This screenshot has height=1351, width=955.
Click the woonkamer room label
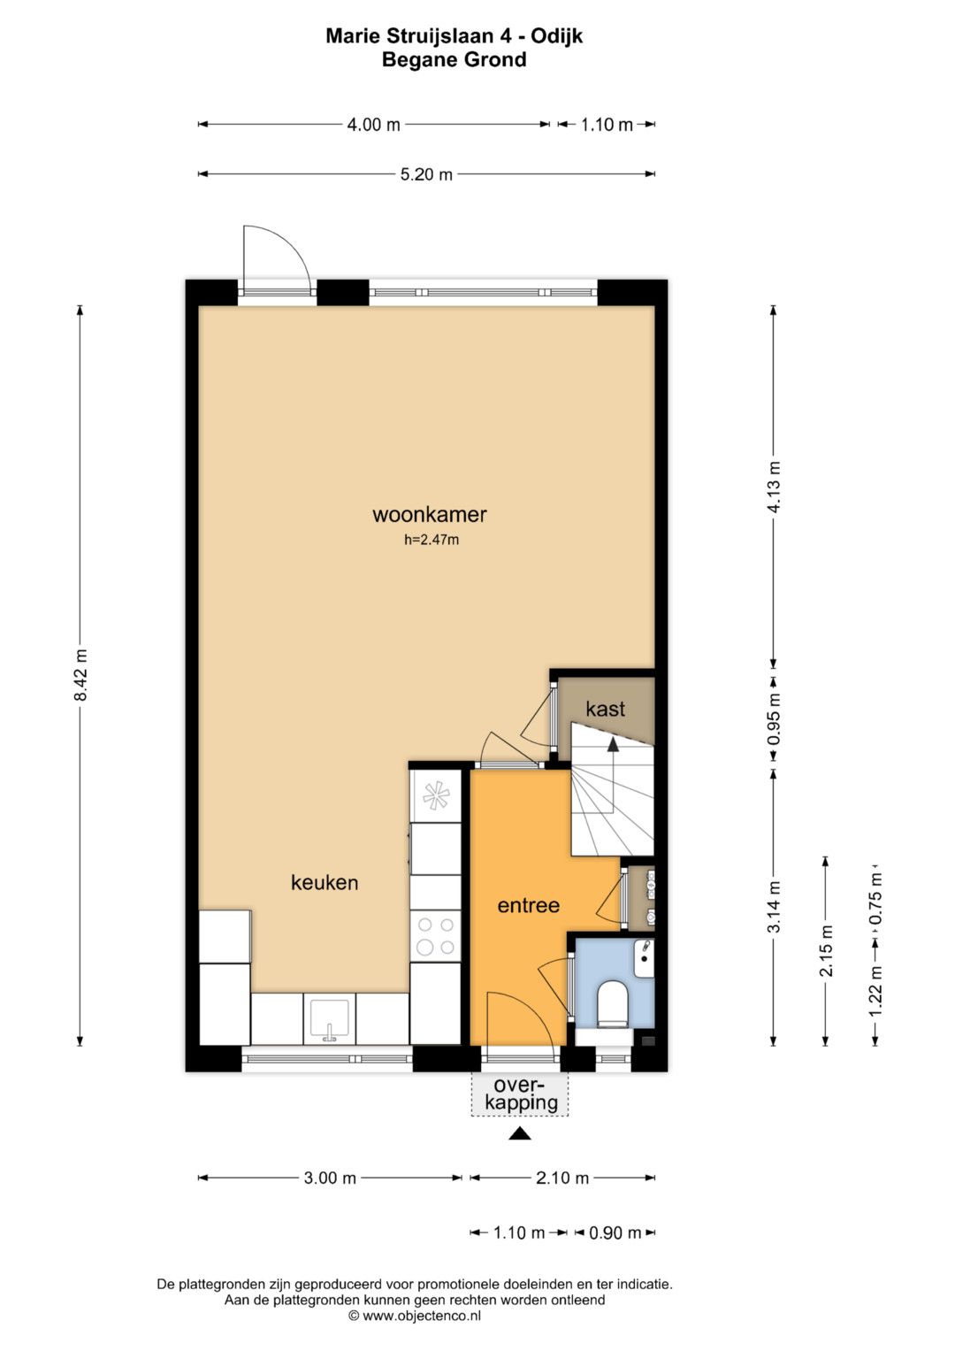[429, 514]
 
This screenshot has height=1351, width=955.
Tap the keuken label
[325, 883]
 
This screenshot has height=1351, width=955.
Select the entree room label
[528, 905]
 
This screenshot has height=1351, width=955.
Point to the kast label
[606, 709]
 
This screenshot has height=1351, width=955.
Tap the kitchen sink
[330, 1020]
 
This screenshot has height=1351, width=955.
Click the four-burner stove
[435, 937]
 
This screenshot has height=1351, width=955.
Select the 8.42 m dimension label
[80, 675]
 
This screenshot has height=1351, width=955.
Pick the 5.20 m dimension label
[426, 174]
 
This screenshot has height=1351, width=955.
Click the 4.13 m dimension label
[774, 487]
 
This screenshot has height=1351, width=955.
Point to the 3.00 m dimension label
[330, 1178]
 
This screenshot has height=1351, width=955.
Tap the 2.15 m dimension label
[825, 950]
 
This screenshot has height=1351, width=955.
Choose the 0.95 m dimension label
[774, 719]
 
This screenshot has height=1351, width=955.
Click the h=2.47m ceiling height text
[432, 540]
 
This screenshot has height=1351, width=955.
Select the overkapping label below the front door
[519, 1094]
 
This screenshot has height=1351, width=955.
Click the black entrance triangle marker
[520, 1134]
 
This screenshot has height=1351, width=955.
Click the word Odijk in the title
[556, 36]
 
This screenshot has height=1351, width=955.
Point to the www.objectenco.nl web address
[422, 1316]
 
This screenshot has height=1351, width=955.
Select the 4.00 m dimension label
[374, 125]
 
